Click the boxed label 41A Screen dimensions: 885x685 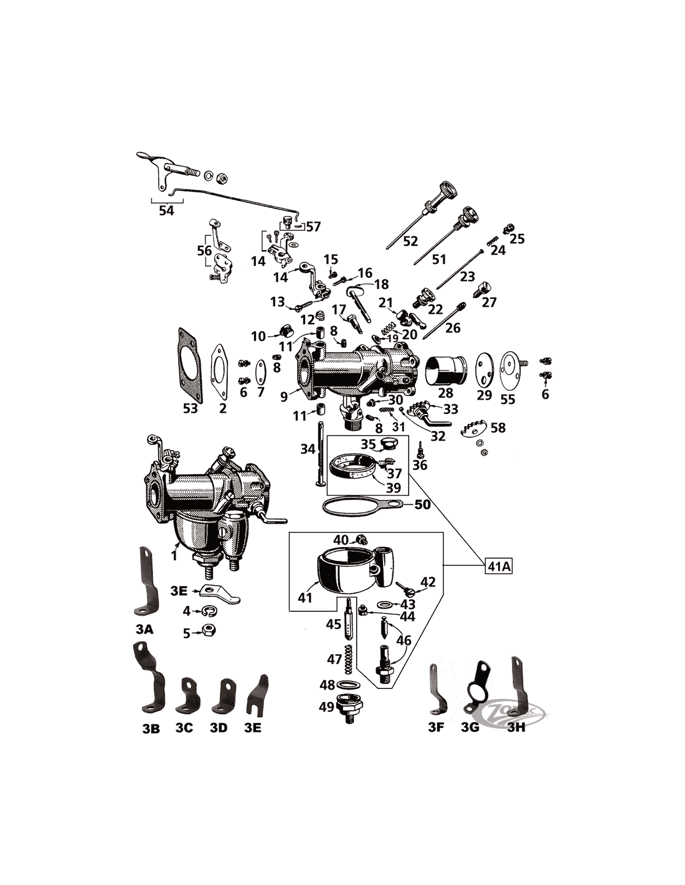[x=498, y=567]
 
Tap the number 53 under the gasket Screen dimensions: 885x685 [x=190, y=408]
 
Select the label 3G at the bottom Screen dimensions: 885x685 [x=470, y=726]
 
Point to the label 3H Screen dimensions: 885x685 [x=516, y=726]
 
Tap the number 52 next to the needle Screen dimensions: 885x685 [x=410, y=241]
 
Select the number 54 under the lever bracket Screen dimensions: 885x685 [x=166, y=211]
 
